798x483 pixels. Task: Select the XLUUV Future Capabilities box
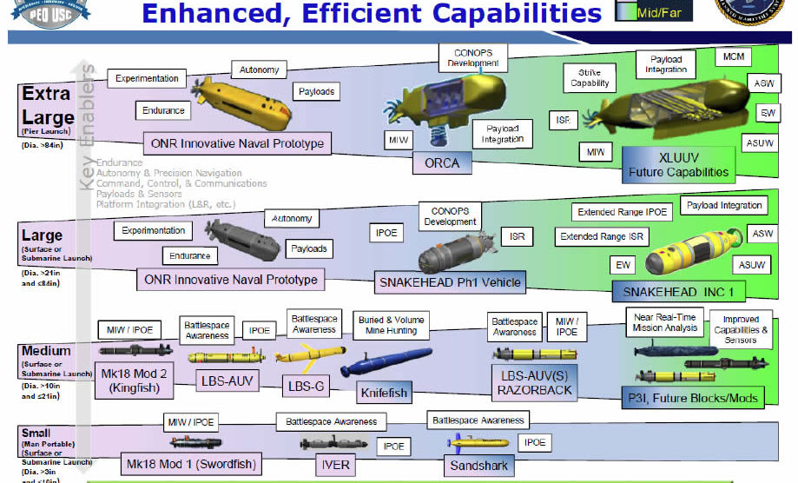[x=678, y=164]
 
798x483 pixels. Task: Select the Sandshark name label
[x=478, y=465]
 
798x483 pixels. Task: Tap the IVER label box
[x=335, y=465]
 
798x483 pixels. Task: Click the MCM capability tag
[x=731, y=57]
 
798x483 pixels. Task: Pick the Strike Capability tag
[x=590, y=78]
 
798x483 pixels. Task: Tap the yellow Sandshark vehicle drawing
[x=467, y=442]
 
